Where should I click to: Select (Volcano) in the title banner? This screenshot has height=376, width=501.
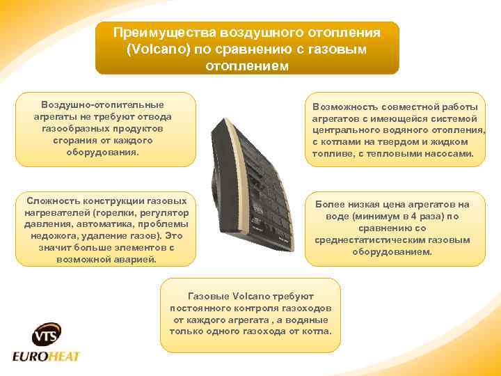pyautogui.click(x=157, y=50)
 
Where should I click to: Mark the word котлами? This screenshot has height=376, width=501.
pyautogui.click(x=340, y=141)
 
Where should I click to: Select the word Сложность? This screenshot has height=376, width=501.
pyautogui.click(x=52, y=201)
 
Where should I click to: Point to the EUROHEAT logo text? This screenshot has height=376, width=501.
pyautogui.click(x=47, y=357)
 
